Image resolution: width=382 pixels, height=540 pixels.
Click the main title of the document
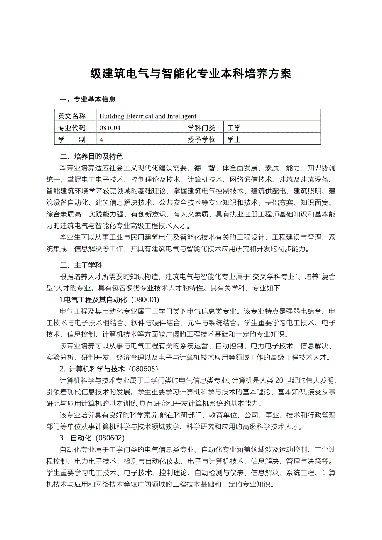[191, 74]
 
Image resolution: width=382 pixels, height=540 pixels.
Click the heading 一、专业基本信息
[88, 100]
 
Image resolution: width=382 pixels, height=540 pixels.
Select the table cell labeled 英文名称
[72, 116]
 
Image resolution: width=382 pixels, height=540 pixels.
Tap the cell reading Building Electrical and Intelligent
[148, 116]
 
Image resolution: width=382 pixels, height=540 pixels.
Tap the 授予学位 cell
[201, 140]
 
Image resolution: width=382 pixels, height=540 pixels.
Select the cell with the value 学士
[234, 140]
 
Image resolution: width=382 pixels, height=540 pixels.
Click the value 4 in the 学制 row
[101, 140]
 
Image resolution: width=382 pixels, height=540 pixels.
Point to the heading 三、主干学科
[81, 265]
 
